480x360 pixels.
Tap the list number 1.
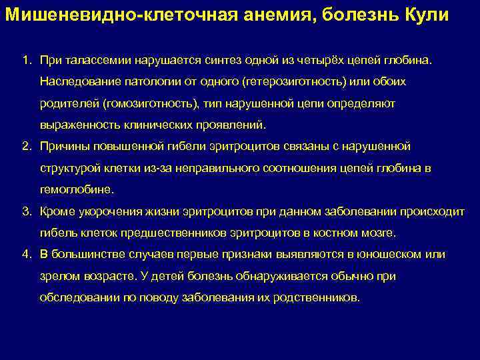click(26, 61)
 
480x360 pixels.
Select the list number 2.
click(26, 146)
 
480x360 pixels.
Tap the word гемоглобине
click(77, 189)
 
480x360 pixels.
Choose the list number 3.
click(26, 211)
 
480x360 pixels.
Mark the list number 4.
click(26, 255)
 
